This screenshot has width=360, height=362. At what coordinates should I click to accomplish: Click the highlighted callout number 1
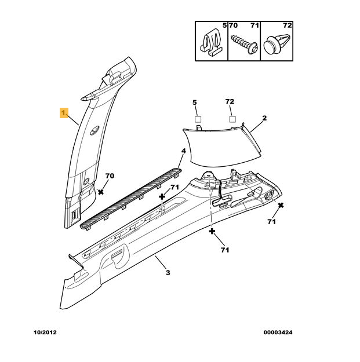[x=63, y=112]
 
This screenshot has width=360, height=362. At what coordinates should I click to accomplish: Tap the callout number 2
[x=264, y=118]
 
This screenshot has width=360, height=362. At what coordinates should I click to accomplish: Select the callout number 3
[x=168, y=273]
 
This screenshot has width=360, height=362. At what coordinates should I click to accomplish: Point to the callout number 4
[x=183, y=151]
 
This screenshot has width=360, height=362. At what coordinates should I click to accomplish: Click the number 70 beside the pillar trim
[x=110, y=175]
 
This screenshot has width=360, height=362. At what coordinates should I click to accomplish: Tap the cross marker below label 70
[x=101, y=191]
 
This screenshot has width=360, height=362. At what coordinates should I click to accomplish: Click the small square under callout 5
[x=197, y=119]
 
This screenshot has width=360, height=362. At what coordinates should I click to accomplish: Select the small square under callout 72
[x=232, y=119]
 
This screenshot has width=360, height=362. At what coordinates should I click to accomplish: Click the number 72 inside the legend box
[x=288, y=26]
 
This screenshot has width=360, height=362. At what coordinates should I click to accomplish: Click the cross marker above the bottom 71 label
[x=212, y=231]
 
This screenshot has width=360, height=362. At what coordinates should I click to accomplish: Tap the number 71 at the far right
[x=272, y=222]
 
